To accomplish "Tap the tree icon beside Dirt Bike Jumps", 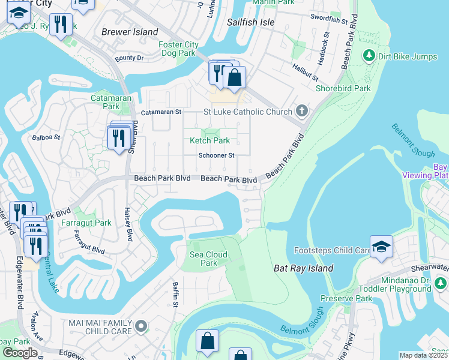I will pyautogui.click(x=369, y=56).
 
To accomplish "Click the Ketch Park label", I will pyautogui.click(x=209, y=140).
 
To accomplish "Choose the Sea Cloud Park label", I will pyautogui.click(x=208, y=259).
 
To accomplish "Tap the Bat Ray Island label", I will pyautogui.click(x=303, y=268).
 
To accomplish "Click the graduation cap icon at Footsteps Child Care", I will pyautogui.click(x=381, y=247).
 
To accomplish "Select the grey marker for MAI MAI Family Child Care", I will pyautogui.click(x=141, y=326).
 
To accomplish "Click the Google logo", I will pyautogui.click(x=20, y=353).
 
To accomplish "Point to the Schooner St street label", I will pyautogui.click(x=216, y=155).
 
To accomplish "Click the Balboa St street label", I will pyautogui.click(x=46, y=137).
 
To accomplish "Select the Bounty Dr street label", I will pyautogui.click(x=129, y=58).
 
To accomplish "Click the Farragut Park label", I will pyautogui.click(x=86, y=223).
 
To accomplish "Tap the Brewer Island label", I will pyautogui.click(x=130, y=32).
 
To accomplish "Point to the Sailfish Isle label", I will pyautogui.click(x=250, y=22).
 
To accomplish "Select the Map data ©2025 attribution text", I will pyautogui.click(x=424, y=355).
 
